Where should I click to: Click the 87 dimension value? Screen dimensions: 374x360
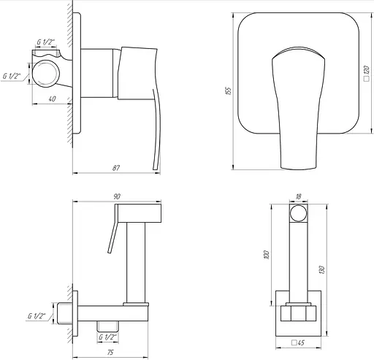pyautogui.click(x=116, y=168)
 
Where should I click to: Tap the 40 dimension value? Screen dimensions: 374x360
pyautogui.click(x=52, y=99)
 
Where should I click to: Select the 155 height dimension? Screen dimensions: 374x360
pyautogui.click(x=229, y=91)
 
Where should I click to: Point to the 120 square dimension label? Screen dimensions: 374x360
pyautogui.click(x=367, y=73)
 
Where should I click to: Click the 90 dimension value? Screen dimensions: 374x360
pyautogui.click(x=117, y=196)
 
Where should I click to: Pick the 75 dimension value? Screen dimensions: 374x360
pyautogui.click(x=110, y=352)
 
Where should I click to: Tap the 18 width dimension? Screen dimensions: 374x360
pyautogui.click(x=298, y=196)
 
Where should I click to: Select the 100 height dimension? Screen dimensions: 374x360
pyautogui.click(x=267, y=255)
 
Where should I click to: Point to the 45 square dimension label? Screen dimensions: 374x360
pyautogui.click(x=298, y=342)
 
